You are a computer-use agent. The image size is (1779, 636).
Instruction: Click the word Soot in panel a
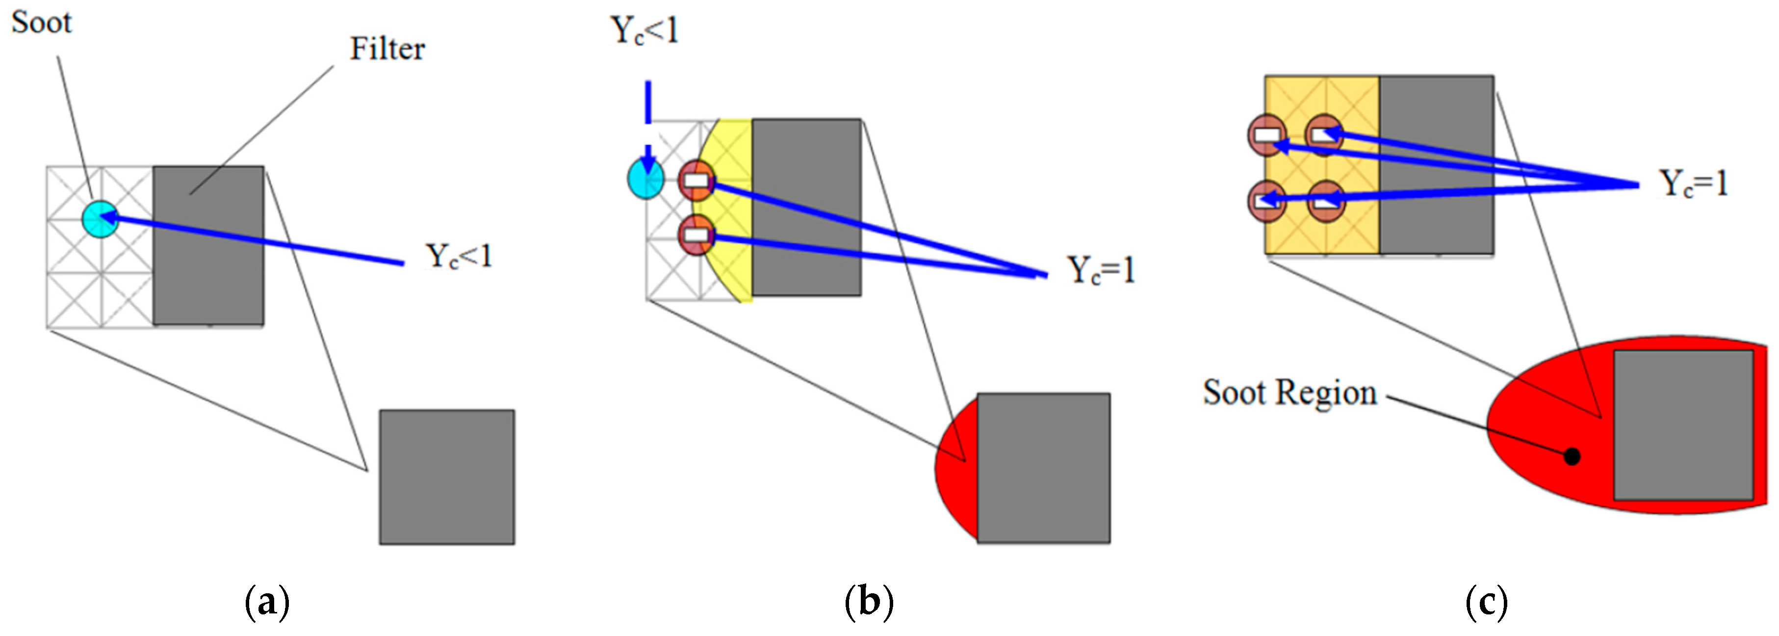41,23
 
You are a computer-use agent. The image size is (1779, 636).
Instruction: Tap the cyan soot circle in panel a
100,219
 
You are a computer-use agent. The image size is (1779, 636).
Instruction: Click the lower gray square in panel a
447,477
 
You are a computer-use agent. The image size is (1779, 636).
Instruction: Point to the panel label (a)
267,603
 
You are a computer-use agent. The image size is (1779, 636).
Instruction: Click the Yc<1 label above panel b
645,31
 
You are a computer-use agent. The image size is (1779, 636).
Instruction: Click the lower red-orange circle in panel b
696,235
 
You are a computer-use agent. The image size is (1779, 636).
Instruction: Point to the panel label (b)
869,603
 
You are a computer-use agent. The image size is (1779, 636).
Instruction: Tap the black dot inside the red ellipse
1573,456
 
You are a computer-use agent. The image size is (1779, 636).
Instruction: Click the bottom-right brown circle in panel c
1325,202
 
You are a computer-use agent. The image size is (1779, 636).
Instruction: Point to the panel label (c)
1486,603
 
